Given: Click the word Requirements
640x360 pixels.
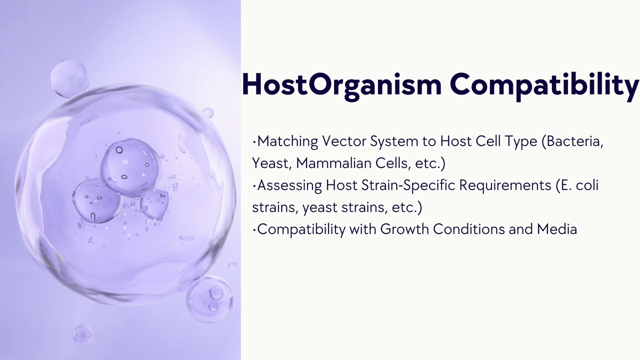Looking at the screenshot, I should tap(505, 185).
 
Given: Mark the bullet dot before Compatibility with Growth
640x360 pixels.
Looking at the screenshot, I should tap(254, 229).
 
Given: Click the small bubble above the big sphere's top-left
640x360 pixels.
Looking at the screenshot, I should tap(69, 78).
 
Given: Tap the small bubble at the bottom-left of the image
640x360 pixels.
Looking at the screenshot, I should tap(82, 334).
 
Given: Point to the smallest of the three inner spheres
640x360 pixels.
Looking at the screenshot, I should tap(155, 204).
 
